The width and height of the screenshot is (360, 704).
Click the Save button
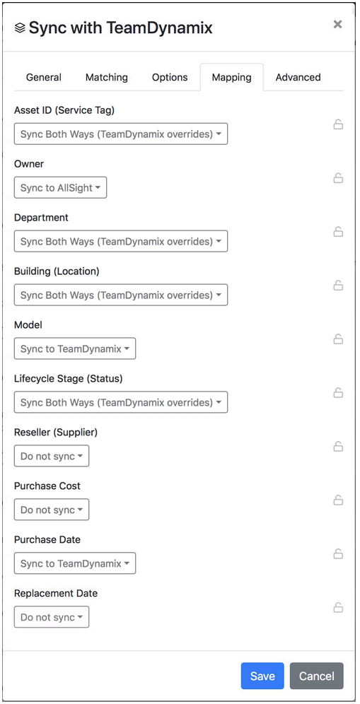262,676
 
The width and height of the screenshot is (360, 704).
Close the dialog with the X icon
337,24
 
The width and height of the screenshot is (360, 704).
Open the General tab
44,77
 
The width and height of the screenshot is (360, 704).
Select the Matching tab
107,77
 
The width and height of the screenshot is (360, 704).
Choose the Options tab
170,77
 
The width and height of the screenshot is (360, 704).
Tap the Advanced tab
298,77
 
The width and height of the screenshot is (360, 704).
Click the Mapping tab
231,77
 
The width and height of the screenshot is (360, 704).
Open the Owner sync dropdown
61,187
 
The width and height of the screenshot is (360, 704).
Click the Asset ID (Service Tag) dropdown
121,134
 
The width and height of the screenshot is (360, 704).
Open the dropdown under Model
75,348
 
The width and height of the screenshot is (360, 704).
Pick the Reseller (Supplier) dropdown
52,456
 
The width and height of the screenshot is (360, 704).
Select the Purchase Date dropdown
75,563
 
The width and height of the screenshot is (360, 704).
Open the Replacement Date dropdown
52,617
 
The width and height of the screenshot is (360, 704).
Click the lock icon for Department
338,232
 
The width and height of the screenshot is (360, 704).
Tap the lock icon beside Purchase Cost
338,500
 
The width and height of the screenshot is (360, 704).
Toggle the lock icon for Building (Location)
338,285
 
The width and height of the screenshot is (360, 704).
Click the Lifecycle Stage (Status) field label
69,378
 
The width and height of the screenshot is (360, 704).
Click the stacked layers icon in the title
20,28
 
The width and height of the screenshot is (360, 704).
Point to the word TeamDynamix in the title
159,28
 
